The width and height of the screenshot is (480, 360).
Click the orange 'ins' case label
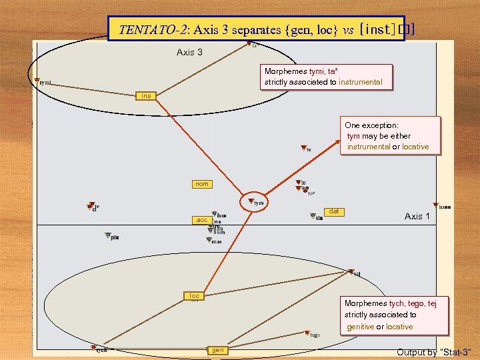tap(146, 96)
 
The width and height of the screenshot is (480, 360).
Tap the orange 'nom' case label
tap(201, 184)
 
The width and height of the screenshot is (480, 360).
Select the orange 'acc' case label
tap(201, 220)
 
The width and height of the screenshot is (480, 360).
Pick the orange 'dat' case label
tap(334, 211)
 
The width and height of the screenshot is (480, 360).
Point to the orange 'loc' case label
tap(194, 295)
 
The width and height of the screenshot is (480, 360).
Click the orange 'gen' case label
tap(217, 350)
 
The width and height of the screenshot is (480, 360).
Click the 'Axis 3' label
tap(189, 52)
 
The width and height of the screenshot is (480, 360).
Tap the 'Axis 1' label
tap(417, 216)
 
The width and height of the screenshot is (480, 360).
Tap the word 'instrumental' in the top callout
tap(360, 82)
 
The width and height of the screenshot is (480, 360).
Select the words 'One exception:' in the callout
tap(371, 125)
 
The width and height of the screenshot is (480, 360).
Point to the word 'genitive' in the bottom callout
tap(360, 327)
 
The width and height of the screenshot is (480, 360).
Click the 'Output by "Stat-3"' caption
tap(434, 352)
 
